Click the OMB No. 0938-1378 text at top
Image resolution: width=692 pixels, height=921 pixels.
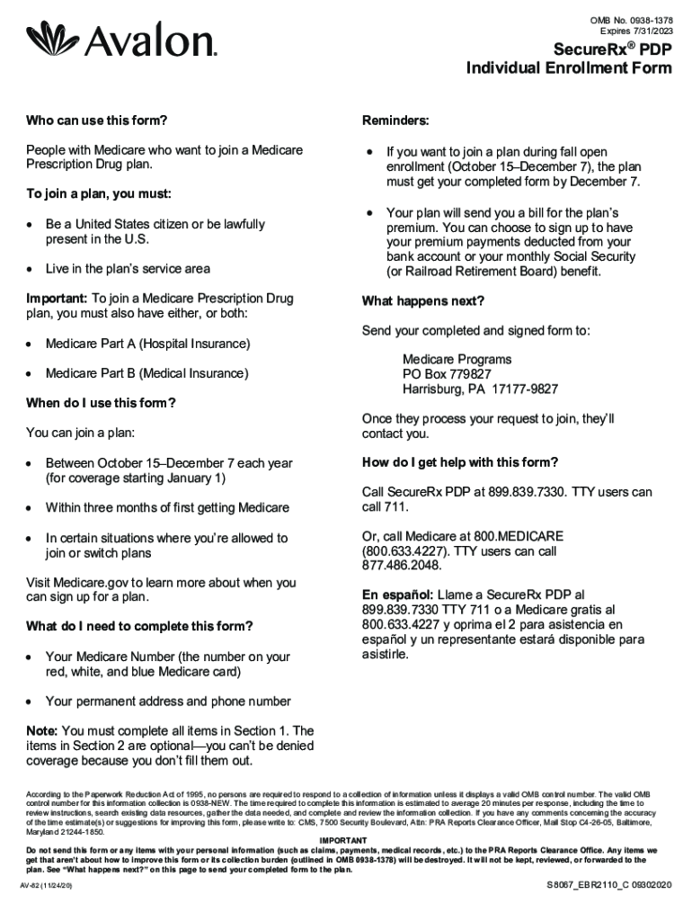coord(630,20)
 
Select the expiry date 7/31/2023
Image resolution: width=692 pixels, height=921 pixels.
coord(650,31)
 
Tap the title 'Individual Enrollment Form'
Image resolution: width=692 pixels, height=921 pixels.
coord(568,68)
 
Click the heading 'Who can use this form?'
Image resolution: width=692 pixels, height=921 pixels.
coord(97,121)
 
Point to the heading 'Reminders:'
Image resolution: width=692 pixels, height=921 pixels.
coord(395,121)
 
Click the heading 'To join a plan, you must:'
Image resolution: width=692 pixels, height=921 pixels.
coord(99,194)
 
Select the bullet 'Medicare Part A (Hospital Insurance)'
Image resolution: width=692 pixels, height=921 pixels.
coord(147,344)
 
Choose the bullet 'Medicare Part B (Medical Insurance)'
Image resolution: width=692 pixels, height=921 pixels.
coord(146,373)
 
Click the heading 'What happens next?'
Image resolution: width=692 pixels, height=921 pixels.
coord(423,301)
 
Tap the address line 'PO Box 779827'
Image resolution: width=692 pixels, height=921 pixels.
coord(447,374)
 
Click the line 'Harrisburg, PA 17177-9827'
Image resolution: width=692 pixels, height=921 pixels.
coord(480,389)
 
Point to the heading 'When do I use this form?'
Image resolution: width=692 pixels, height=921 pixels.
coord(101,403)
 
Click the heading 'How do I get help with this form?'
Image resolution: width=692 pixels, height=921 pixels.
coord(460,462)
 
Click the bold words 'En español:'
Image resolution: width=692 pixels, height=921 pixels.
coord(398,595)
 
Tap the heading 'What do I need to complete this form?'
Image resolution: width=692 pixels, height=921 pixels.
coord(139,626)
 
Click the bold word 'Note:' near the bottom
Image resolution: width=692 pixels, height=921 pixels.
coord(42,731)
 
